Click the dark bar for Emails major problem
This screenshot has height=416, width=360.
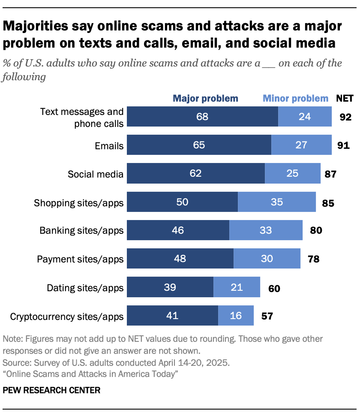click(x=199, y=145)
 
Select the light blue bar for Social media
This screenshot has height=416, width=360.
click(x=292, y=174)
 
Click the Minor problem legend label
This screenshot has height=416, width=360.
click(x=295, y=98)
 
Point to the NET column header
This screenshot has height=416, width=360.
click(x=345, y=98)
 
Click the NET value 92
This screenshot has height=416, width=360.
click(x=345, y=117)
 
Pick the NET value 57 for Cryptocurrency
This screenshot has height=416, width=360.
click(x=267, y=317)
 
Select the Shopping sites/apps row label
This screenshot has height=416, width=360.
click(x=79, y=202)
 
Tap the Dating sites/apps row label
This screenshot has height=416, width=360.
click(x=85, y=288)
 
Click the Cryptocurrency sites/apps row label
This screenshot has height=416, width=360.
click(x=66, y=317)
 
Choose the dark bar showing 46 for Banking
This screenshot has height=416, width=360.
click(x=178, y=230)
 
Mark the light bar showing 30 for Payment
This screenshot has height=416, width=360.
click(x=267, y=259)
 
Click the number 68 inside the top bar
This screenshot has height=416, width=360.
click(x=202, y=117)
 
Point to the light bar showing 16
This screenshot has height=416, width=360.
click(x=236, y=316)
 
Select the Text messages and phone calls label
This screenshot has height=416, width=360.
click(x=81, y=118)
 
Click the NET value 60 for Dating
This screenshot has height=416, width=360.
click(x=274, y=288)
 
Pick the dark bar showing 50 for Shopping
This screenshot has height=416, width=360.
click(x=182, y=202)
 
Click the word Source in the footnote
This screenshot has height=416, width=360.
click(x=15, y=362)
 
